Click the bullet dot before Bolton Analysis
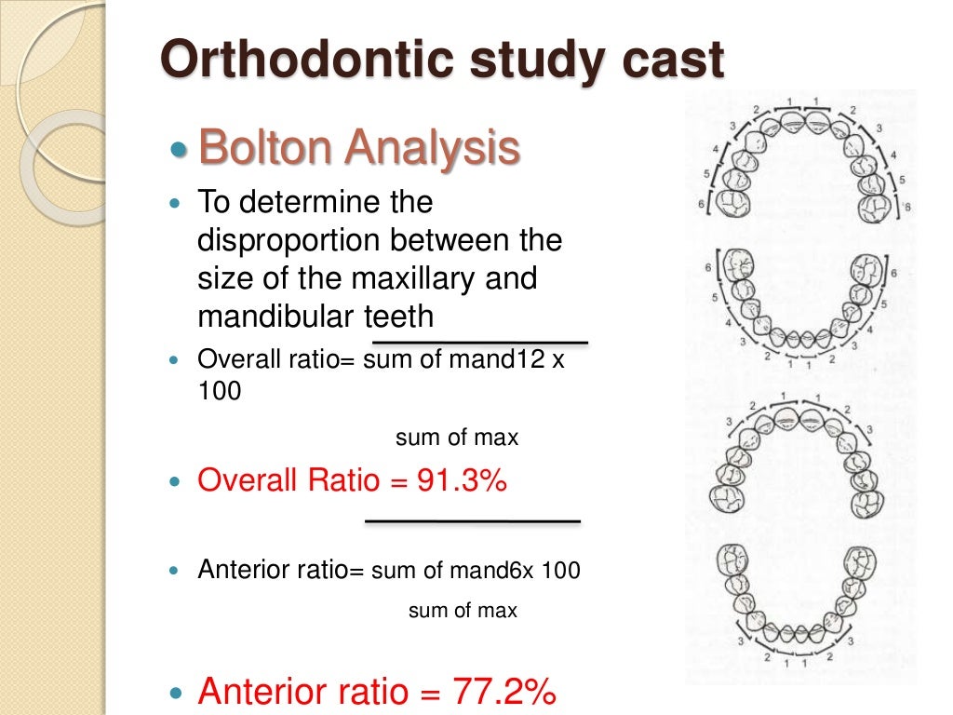180,150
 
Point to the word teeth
398,317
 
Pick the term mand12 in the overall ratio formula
511,360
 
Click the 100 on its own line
219,392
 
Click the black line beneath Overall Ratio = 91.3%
473,520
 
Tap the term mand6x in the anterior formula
507,570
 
